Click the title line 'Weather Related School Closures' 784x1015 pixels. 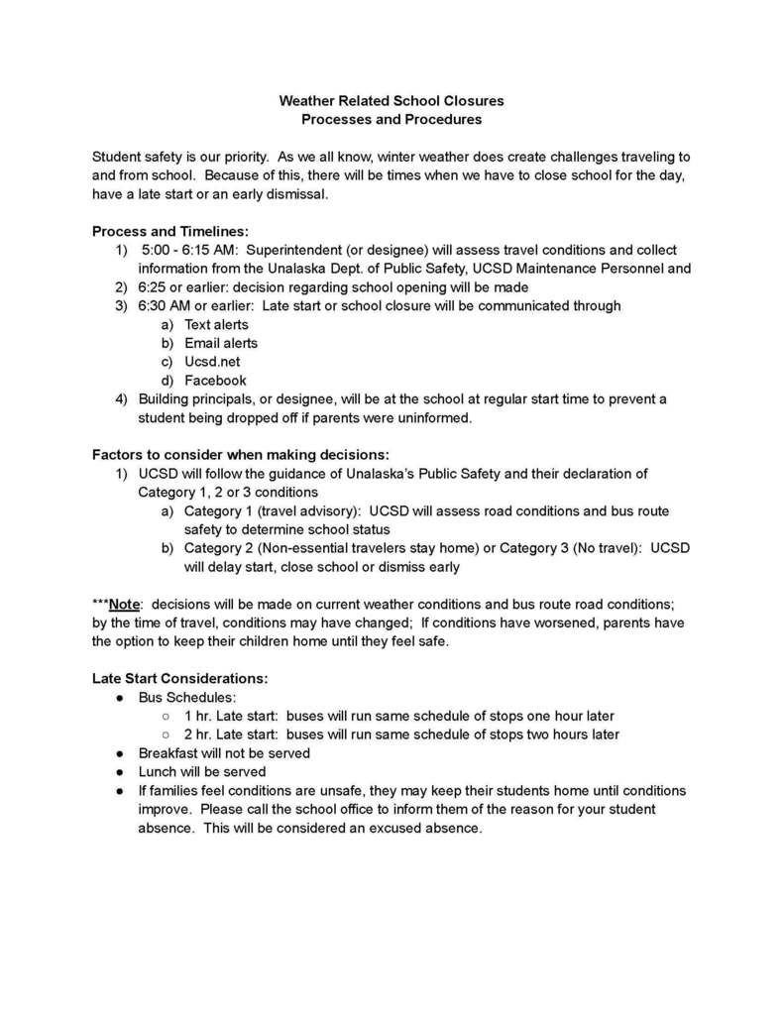pos(391,101)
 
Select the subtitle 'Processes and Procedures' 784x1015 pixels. pos(391,119)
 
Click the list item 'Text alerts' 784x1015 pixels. pos(216,324)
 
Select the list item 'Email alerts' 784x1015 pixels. pos(220,343)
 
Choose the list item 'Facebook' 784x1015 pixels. pos(215,381)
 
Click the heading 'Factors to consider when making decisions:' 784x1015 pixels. pos(241,455)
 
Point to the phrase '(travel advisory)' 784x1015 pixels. pos(310,511)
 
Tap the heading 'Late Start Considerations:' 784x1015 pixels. pos(179,679)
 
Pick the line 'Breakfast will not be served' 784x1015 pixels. pos(224,753)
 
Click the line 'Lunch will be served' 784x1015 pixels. pos(201,772)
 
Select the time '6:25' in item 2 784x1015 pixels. pos(154,287)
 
